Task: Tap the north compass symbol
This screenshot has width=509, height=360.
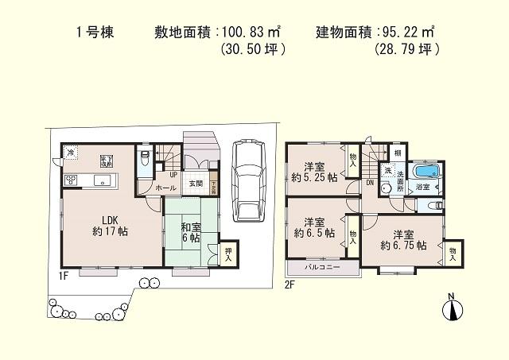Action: click(451, 309)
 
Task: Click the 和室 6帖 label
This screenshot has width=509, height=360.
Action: click(190, 232)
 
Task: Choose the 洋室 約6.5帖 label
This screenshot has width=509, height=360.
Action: click(313, 228)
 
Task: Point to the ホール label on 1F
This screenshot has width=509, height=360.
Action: click(166, 188)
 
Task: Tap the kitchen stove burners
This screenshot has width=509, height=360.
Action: click(70, 179)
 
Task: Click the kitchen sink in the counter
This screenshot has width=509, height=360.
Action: click(101, 180)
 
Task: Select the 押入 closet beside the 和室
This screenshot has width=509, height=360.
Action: click(228, 253)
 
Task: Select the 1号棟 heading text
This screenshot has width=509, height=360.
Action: click(92, 33)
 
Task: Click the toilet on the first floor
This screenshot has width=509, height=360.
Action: click(144, 159)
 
